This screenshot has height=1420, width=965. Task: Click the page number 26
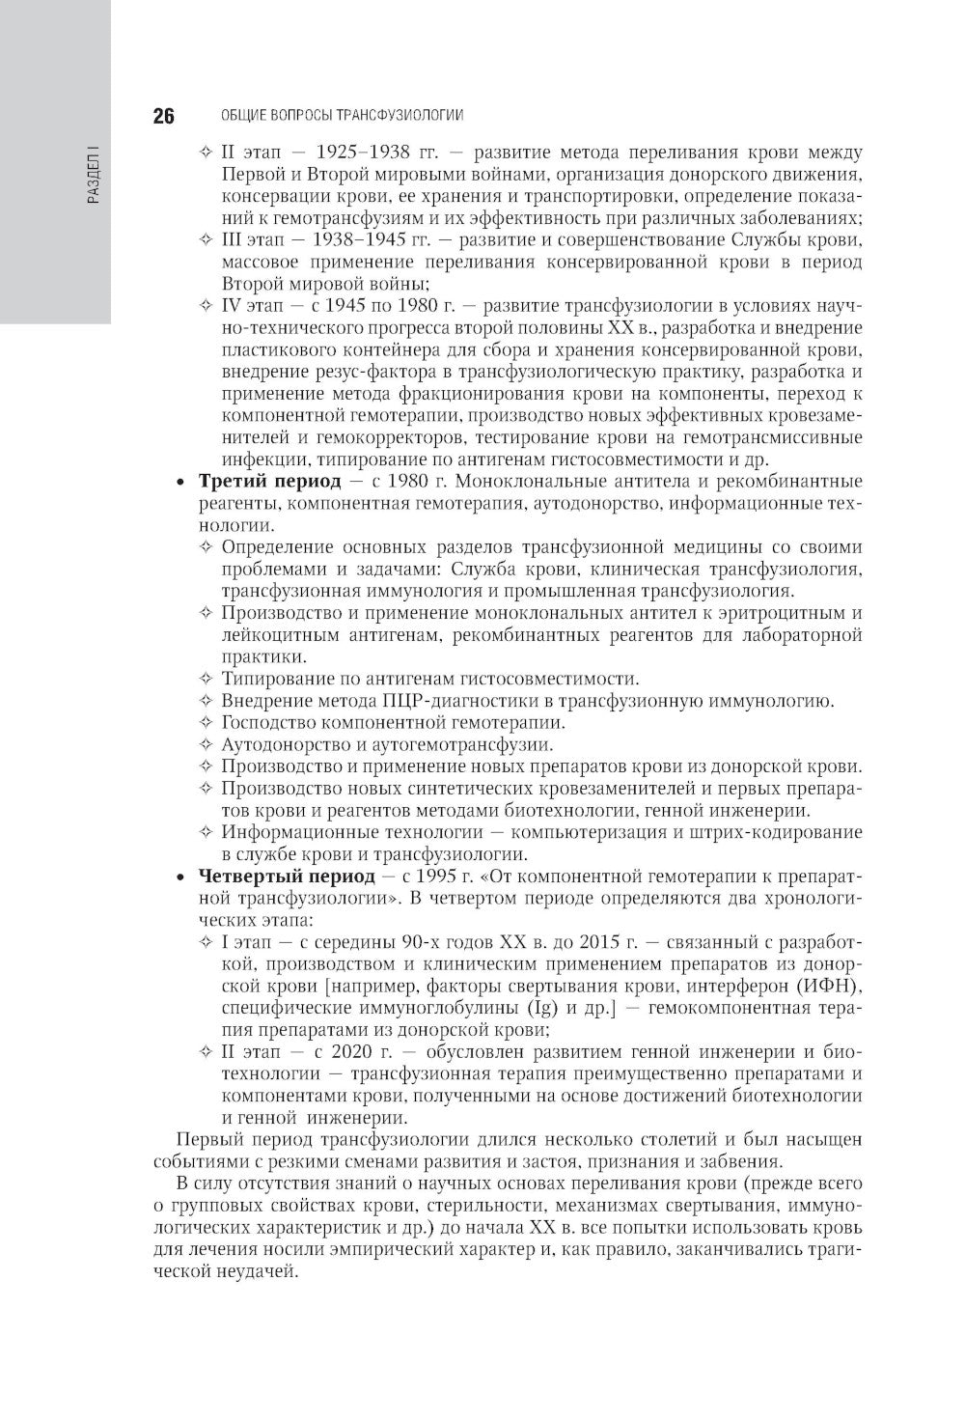coord(163,117)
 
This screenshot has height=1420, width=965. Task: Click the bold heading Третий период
coord(269,481)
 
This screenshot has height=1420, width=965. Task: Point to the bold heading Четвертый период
coord(286,877)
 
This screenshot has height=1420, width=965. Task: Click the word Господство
coord(268,723)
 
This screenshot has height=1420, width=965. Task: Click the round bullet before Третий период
coord(179,482)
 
